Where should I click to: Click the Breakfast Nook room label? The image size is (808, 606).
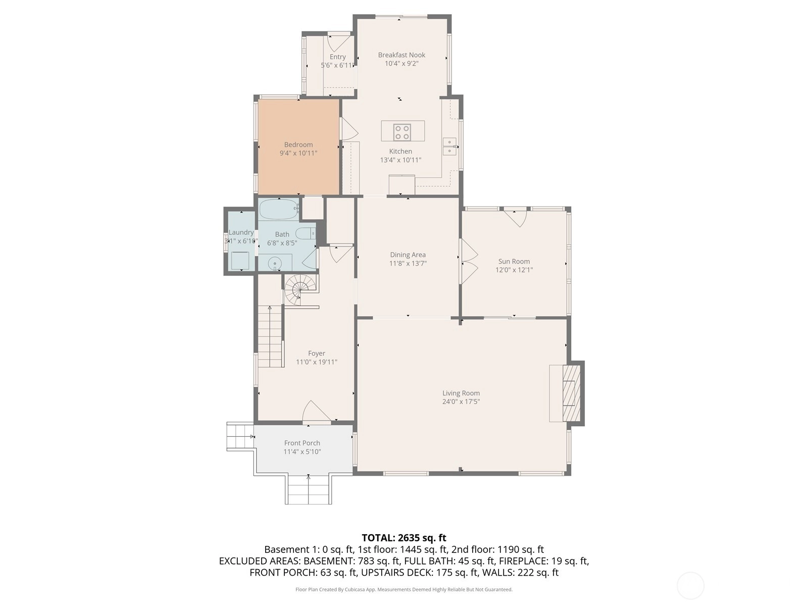[x=401, y=55]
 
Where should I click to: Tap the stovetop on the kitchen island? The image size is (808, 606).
[x=401, y=132]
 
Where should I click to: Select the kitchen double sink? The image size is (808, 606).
[x=449, y=146]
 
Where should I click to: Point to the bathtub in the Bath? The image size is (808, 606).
[x=279, y=210]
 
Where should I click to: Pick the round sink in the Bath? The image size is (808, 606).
[x=275, y=263]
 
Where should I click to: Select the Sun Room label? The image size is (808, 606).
[x=514, y=261]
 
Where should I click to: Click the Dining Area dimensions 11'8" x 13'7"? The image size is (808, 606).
[x=408, y=264]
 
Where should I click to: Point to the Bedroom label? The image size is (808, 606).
[x=298, y=144]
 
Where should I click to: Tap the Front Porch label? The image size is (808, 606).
[x=302, y=443]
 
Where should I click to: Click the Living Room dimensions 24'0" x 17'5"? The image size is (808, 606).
[x=461, y=401]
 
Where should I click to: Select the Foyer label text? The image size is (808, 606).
[x=317, y=353]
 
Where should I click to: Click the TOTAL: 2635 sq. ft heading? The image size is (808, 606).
[x=404, y=538]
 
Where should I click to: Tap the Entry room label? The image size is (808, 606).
[x=337, y=57]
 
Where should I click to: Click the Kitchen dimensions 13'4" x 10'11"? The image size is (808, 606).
[x=400, y=160]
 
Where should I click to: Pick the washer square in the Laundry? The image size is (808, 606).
[x=240, y=261]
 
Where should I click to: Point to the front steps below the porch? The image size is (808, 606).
[x=309, y=489]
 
